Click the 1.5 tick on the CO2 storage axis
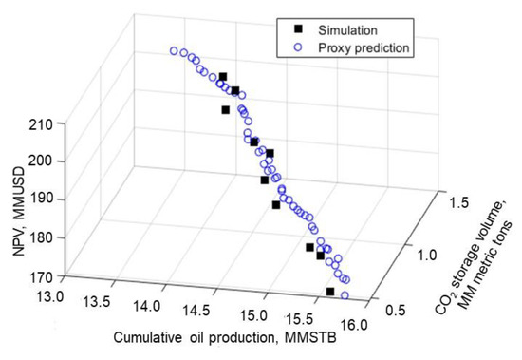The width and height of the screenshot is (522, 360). pyautogui.click(x=457, y=203)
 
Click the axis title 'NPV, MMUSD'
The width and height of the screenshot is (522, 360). pyautogui.click(x=16, y=199)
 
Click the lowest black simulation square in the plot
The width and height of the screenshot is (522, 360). pyautogui.click(x=330, y=292)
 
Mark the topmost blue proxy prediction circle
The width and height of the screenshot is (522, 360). pyautogui.click(x=173, y=51)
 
